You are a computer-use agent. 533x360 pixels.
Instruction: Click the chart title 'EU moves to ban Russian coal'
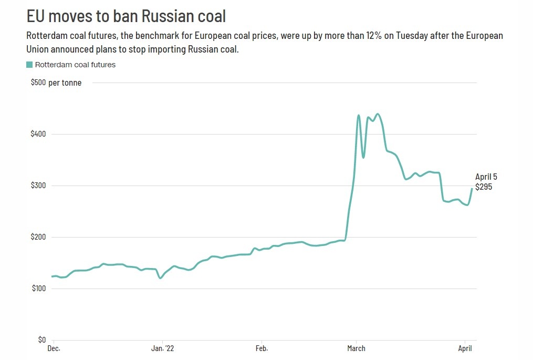tap(126, 16)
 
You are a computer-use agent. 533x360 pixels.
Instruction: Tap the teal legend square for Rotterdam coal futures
tap(29, 65)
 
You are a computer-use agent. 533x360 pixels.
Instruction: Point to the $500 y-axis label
tap(38, 83)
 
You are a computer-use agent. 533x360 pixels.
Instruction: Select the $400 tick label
tap(38, 134)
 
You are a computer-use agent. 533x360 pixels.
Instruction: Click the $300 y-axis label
tap(38, 186)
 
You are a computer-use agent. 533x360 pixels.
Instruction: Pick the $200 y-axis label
tap(38, 237)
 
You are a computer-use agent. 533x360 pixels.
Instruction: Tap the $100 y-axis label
tap(38, 289)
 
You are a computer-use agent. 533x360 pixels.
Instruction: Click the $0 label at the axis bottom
tap(41, 340)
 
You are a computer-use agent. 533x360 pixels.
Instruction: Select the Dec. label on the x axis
tap(54, 348)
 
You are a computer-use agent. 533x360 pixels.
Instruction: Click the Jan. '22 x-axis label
tap(162, 348)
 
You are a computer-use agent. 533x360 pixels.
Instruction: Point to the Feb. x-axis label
tap(262, 348)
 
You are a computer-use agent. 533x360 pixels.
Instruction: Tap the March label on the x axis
tap(357, 348)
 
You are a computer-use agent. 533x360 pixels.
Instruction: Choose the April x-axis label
tap(465, 348)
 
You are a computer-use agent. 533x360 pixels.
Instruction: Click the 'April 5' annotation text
tap(486, 177)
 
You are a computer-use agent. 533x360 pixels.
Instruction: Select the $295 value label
tap(484, 187)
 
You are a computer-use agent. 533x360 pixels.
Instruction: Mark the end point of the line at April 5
tap(472, 189)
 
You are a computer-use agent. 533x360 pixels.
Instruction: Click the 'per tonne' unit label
tap(65, 83)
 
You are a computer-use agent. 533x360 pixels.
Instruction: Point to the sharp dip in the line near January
tap(160, 278)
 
